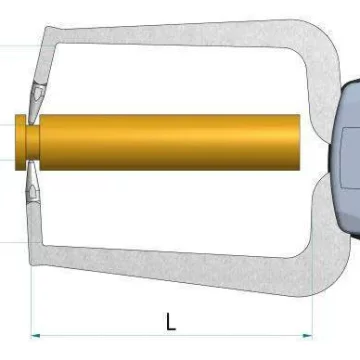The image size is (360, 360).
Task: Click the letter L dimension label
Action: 171,321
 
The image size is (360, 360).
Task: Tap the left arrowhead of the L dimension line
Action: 35,336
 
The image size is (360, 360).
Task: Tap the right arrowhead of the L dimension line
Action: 308,336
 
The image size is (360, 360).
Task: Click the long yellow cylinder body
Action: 169,142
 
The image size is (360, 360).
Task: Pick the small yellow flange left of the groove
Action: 20,142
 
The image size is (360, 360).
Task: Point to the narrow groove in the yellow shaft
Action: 32,142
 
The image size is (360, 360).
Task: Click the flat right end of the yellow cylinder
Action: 298,142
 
